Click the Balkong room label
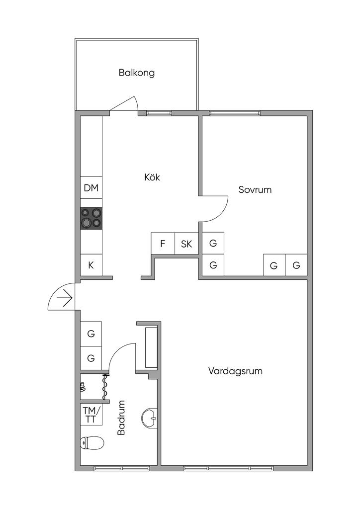click(x=137, y=73)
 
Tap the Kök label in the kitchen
click(x=152, y=177)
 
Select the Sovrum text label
click(x=255, y=189)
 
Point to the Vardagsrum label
click(x=235, y=371)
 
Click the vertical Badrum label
click(x=121, y=418)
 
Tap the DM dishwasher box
click(x=91, y=188)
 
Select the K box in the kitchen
click(x=91, y=265)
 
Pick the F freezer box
click(x=162, y=244)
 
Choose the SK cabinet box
click(x=186, y=244)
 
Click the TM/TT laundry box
click(x=91, y=415)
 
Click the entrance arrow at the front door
click(x=65, y=298)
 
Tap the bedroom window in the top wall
click(x=235, y=113)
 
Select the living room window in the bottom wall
click(x=228, y=468)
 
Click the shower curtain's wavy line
click(x=105, y=387)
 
